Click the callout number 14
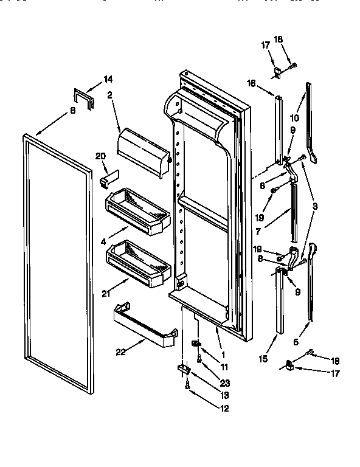click(108, 79)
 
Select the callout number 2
click(111, 94)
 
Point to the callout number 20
click(101, 156)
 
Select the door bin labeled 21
click(138, 263)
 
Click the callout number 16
click(251, 83)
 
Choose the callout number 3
click(315, 207)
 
